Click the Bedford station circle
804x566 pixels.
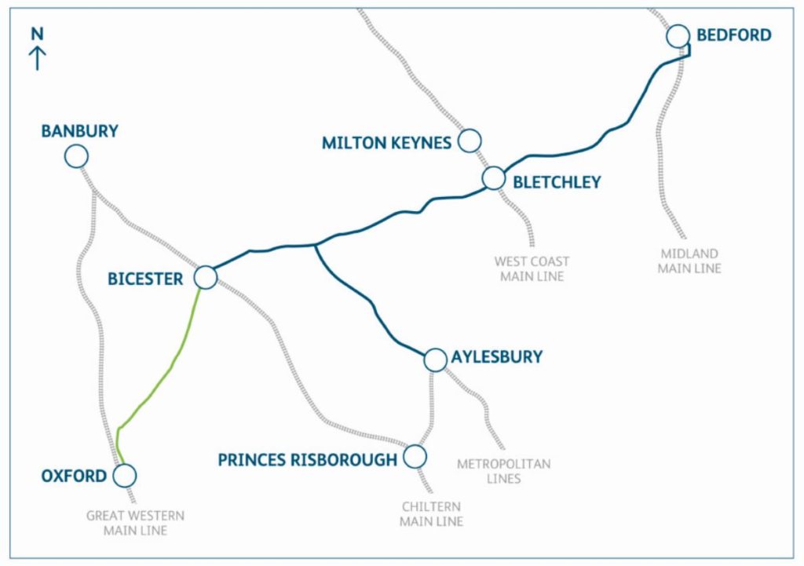pos(678,36)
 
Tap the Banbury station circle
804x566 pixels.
pos(76,156)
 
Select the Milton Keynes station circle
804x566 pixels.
pos(470,141)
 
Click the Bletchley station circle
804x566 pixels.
pos(493,178)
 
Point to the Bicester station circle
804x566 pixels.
pos(205,277)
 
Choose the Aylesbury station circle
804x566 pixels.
pos(434,360)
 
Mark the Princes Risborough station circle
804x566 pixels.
pos(415,456)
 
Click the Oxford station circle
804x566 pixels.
pos(124,475)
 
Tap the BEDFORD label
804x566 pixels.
pos(734,35)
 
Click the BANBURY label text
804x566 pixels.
pos(80,131)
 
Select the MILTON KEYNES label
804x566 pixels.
pos(386,143)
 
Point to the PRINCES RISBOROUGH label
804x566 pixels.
pos(308,460)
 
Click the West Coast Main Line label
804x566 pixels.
pos(532,268)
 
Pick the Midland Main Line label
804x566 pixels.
pos(689,261)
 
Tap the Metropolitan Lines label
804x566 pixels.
pos(503,471)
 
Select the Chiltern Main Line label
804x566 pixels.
pos(431,514)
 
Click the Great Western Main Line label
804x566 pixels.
pos(135,523)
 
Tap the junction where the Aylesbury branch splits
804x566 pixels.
pos(314,246)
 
